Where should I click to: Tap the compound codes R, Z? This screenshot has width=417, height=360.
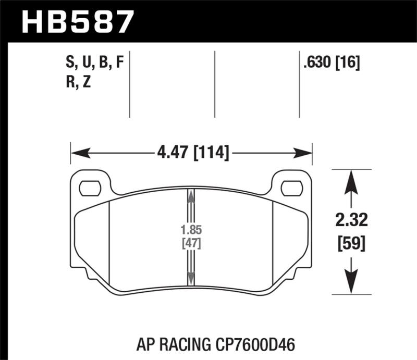[x=79, y=82]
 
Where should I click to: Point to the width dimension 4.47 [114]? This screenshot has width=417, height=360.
[x=192, y=153]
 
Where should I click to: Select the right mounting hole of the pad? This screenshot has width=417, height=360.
[x=291, y=187]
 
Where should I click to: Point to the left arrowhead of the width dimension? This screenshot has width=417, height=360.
[x=78, y=153]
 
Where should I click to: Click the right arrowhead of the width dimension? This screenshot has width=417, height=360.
[x=304, y=153]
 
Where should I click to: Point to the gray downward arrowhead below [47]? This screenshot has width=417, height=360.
[x=191, y=279]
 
